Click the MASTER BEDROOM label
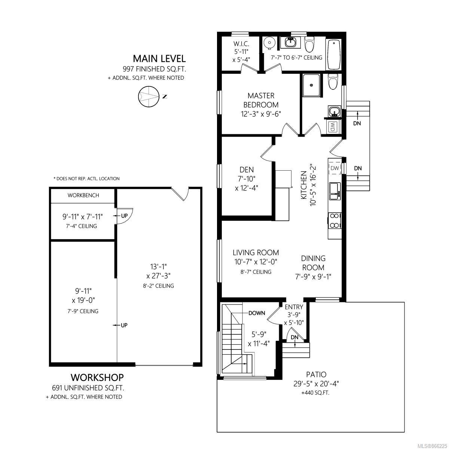[261, 100]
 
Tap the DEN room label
[247, 169]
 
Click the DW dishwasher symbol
[335, 168]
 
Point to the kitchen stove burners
[335, 221]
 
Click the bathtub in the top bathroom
[334, 55]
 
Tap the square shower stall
[311, 86]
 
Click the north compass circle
[149, 97]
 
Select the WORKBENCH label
[83, 195]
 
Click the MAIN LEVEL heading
[159, 58]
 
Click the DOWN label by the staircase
[257, 313]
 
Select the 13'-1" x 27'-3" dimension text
[158, 271]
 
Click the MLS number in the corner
[431, 445]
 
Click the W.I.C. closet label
[241, 43]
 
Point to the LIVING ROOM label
[256, 253]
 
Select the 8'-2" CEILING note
[158, 286]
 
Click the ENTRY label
[294, 307]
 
